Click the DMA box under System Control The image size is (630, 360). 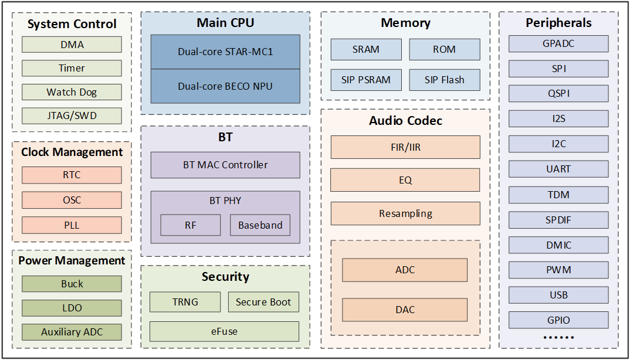tap(72, 45)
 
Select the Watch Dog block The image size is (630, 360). tap(72, 92)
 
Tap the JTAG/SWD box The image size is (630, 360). tap(72, 116)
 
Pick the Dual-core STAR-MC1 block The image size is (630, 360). tap(225, 52)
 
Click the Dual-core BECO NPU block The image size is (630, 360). tap(225, 86)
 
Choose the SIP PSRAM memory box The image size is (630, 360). tap(366, 80)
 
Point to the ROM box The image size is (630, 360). tap(445, 49)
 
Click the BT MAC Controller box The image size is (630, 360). tap(225, 165)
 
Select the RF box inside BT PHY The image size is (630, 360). tap(191, 225)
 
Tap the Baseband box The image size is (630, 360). tap(260, 225)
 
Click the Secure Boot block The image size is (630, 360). tap(263, 302)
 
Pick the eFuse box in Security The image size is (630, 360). tap(224, 331)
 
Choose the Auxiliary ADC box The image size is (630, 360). tap(72, 332)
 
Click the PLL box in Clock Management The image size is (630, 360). tap(72, 225)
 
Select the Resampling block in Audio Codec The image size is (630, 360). tap(405, 213)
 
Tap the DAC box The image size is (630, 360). tap(405, 310)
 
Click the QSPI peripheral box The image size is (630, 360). tap(558, 94)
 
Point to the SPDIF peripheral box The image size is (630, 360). tap(558, 220)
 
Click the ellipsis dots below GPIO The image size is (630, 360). tap(558, 338)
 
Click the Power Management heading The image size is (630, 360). tap(72, 260)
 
